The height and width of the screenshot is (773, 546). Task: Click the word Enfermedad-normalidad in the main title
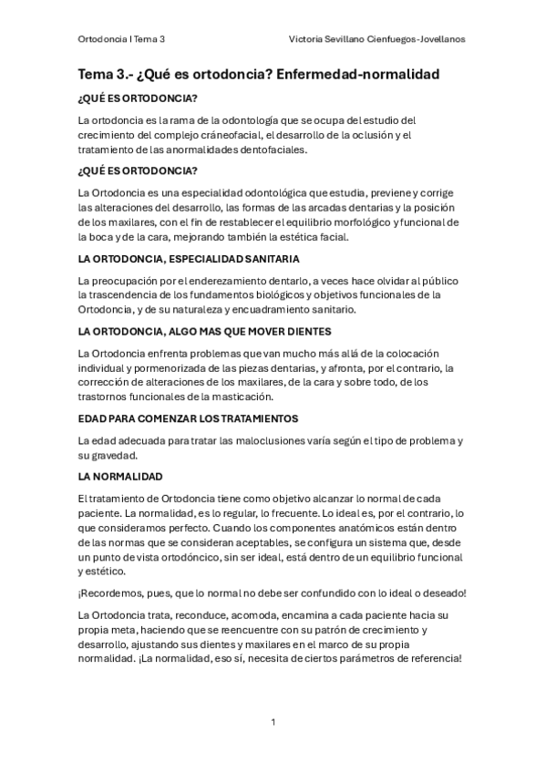pyautogui.click(x=364, y=73)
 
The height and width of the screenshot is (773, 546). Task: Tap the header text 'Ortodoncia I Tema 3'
pyautogui.click(x=127, y=40)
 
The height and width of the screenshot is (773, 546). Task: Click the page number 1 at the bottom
pyautogui.click(x=273, y=722)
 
